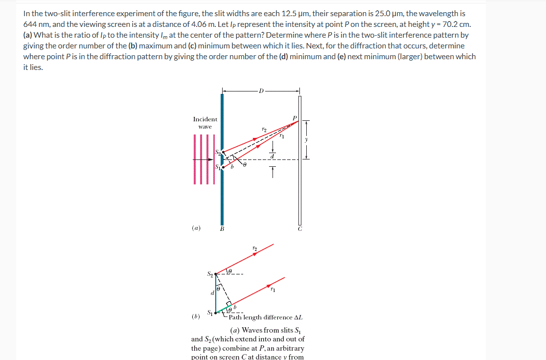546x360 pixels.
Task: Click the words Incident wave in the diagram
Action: pos(205,123)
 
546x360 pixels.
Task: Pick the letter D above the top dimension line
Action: pos(261,90)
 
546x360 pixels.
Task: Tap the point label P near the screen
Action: pos(295,118)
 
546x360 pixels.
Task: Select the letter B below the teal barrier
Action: pos(222,229)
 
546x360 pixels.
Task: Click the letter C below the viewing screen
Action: pos(300,229)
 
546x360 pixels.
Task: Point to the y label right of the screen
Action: pos(307,139)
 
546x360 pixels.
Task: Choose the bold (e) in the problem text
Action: pos(341,56)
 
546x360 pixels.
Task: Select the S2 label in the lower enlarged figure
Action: pos(210,274)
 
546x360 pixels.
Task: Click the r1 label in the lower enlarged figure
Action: pos(273,290)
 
